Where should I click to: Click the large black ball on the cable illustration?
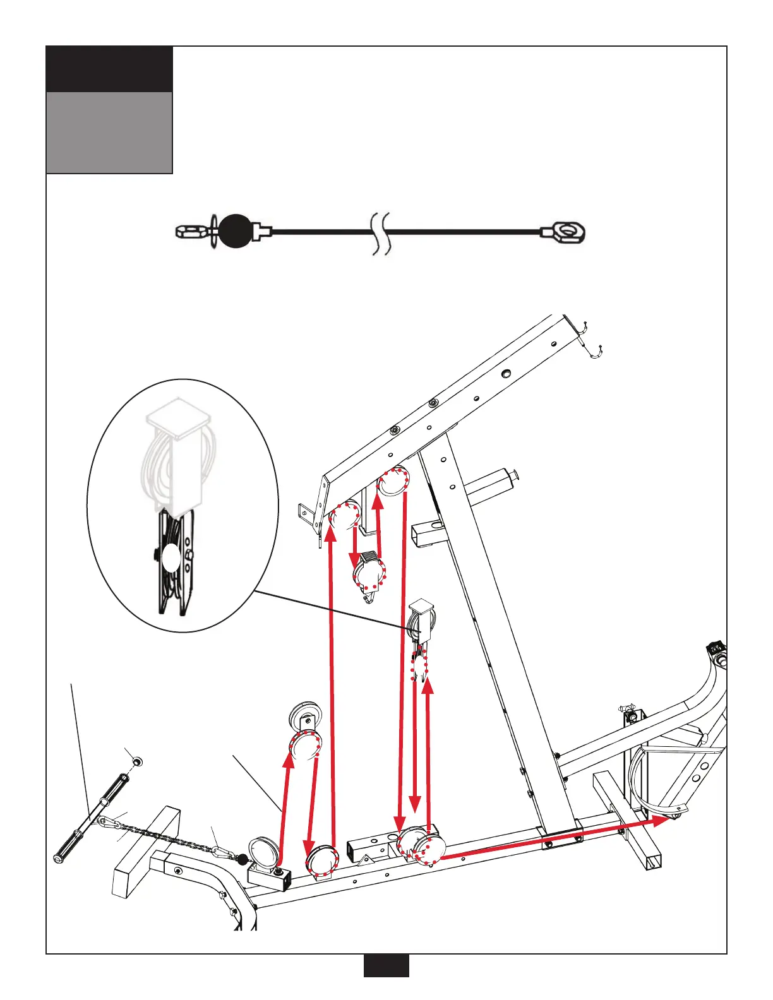(236, 232)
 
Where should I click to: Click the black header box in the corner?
(109, 69)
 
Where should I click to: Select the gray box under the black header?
(109, 133)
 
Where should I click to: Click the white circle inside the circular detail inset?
(171, 558)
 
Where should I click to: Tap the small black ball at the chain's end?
(242, 859)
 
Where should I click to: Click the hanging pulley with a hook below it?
(369, 574)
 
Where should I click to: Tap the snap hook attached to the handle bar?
(109, 821)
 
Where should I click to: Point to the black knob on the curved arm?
(716, 648)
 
